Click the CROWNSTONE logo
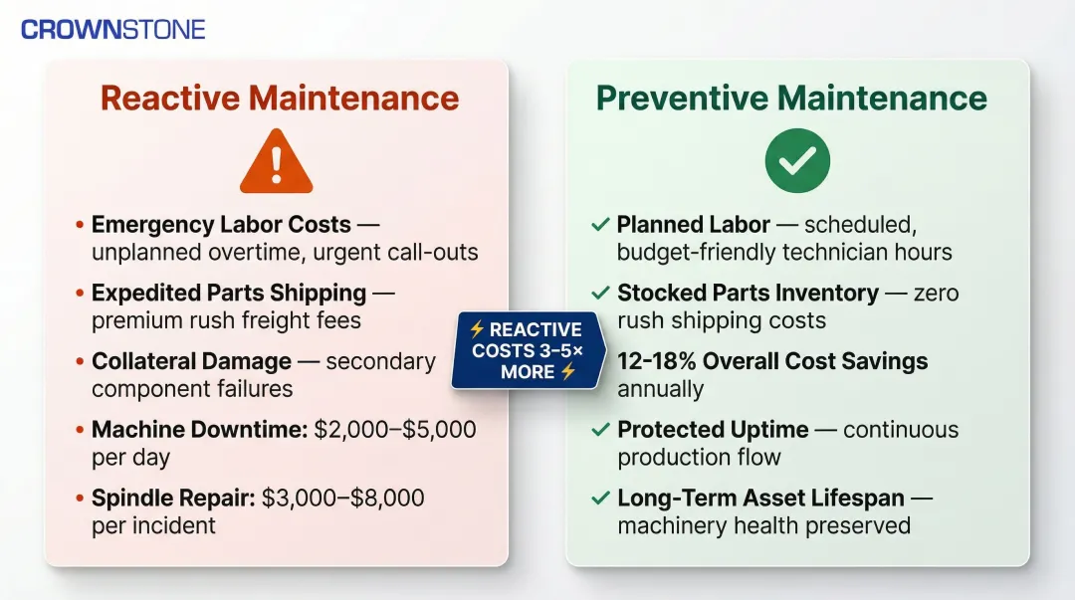point(112,29)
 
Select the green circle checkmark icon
point(797,159)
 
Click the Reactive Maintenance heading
point(280,99)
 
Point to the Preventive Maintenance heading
point(791,99)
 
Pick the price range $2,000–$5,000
point(395,430)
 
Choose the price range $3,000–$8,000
point(343,498)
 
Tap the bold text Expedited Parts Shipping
point(229,294)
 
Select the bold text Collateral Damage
point(191,361)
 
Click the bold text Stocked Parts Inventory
point(748,294)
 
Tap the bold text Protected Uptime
point(713,430)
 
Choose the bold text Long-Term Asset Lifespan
point(760,498)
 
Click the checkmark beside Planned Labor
point(600,225)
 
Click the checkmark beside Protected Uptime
point(600,430)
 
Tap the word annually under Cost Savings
point(660,388)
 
